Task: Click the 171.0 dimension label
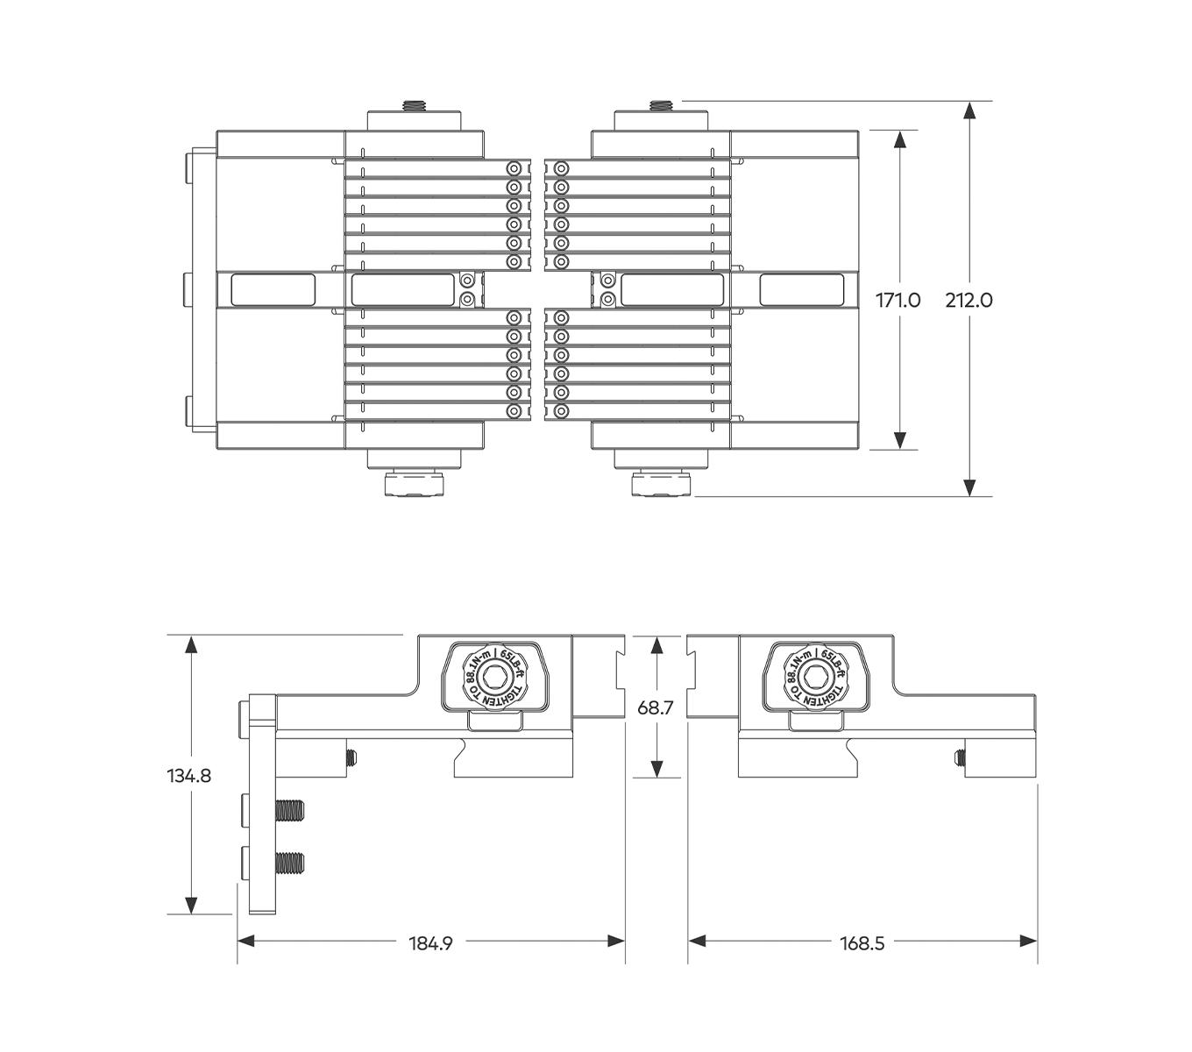coord(898,301)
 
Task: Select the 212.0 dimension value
coord(969,301)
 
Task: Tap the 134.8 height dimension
coord(188,776)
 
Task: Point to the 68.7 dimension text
coord(656,707)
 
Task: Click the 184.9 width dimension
coord(430,943)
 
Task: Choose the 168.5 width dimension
coord(862,943)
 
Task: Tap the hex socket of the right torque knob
coord(815,676)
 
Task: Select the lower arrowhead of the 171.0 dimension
coord(899,440)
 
